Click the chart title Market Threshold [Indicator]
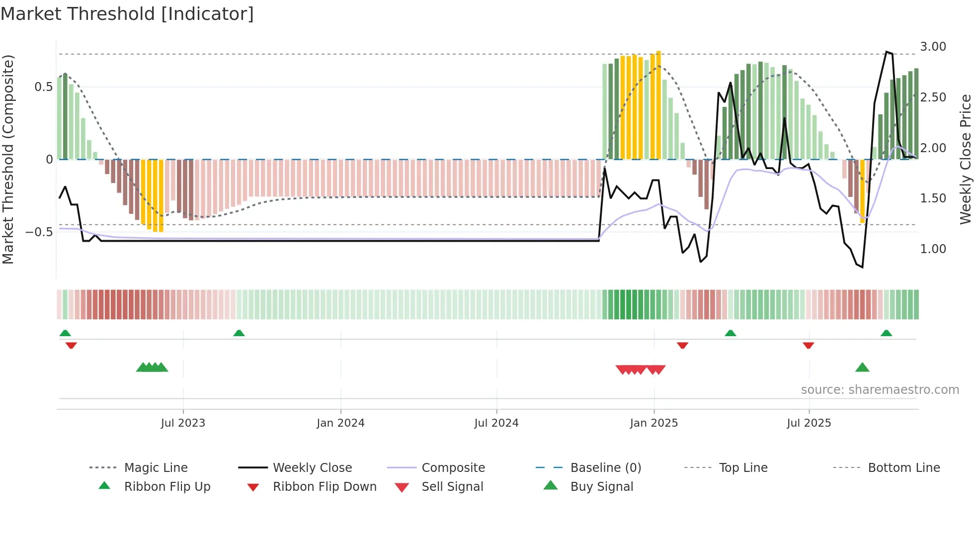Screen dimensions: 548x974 [x=127, y=14]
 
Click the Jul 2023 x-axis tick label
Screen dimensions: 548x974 [x=183, y=423]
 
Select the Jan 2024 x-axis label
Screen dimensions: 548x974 [x=340, y=423]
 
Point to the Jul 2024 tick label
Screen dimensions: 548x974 [x=496, y=423]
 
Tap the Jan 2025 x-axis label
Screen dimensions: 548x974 [x=653, y=423]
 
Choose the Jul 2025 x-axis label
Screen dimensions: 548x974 [x=809, y=423]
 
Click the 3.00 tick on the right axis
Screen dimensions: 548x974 [x=933, y=47]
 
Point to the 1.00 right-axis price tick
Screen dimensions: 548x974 [x=933, y=249]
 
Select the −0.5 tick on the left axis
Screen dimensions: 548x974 [x=39, y=232]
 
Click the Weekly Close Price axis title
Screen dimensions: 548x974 [x=965, y=159]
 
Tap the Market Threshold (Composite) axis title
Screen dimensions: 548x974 [x=8, y=159]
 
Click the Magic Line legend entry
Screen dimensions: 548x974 [x=156, y=468]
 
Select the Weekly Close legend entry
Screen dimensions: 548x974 [x=312, y=468]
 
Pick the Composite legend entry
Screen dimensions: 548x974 [x=453, y=468]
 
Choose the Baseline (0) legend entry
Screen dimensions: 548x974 [x=605, y=468]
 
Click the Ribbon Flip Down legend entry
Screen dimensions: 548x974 [x=325, y=487]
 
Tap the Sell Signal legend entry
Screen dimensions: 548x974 [x=452, y=487]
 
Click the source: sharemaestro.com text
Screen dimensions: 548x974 [x=880, y=390]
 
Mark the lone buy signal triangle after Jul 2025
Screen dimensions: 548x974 [x=862, y=367]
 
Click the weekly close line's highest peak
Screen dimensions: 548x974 [x=887, y=52]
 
